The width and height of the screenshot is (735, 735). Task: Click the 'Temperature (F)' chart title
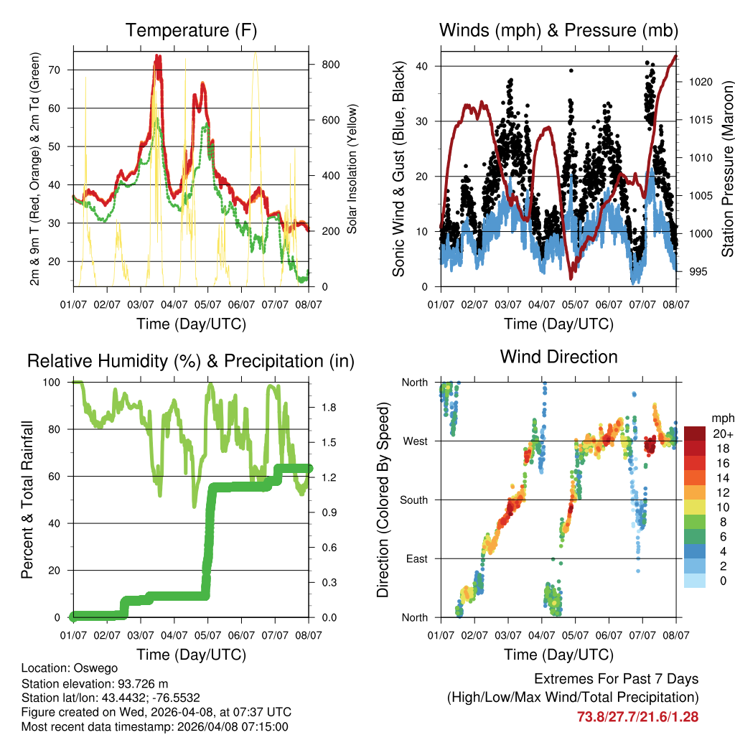(191, 30)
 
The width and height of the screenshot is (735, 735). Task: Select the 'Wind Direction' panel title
(558, 356)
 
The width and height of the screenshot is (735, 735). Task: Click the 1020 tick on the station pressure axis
(700, 82)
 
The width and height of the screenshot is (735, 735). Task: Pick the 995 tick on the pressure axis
(698, 271)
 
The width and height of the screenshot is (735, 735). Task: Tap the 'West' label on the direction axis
(416, 441)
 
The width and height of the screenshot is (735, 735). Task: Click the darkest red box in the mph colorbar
(695, 434)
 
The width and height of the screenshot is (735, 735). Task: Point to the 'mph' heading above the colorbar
(721, 418)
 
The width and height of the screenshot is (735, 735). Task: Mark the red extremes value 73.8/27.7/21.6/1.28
(637, 716)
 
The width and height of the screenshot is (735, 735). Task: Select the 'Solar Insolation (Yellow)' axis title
(352, 169)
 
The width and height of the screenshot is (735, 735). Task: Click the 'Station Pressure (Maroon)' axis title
(727, 169)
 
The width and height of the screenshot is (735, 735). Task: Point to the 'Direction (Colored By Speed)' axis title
(383, 500)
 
